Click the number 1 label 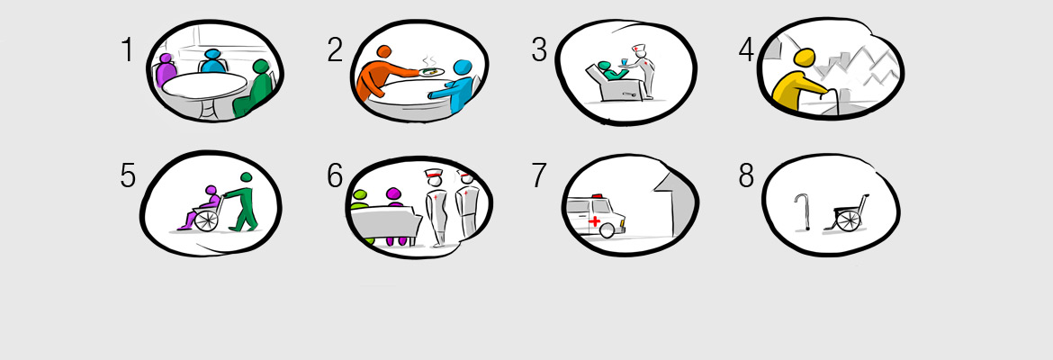click(x=128, y=50)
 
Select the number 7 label click(x=539, y=176)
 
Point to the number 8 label click(x=746, y=176)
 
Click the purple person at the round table click(x=165, y=70)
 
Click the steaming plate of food click(x=433, y=70)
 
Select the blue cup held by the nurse click(x=625, y=63)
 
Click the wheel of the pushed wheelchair click(x=206, y=220)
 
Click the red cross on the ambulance click(x=594, y=221)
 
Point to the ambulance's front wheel click(x=607, y=229)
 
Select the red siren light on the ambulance click(x=597, y=196)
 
